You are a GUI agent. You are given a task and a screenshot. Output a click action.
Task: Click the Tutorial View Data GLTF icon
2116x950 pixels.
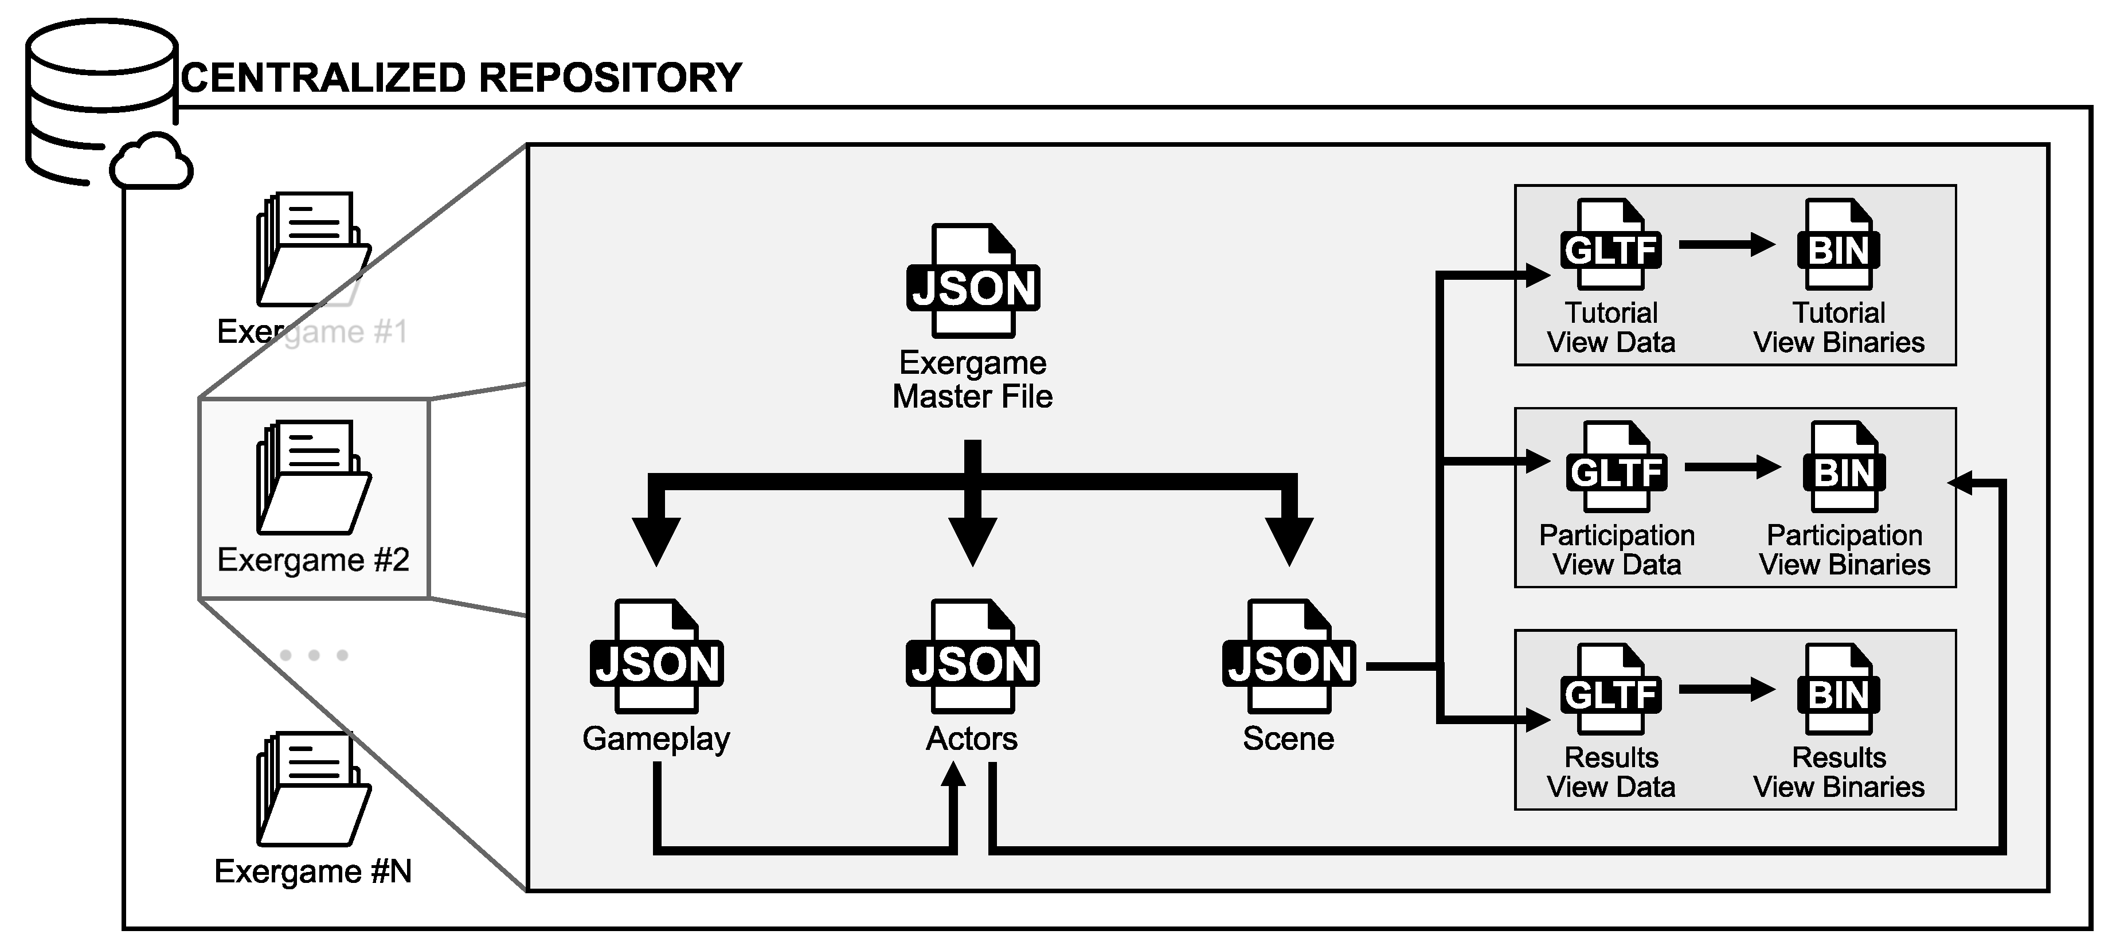(x=1611, y=245)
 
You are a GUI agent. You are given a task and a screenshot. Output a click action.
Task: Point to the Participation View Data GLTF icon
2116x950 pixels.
(x=1616, y=468)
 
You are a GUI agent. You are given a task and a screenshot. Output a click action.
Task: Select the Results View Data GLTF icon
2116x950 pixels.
(x=1611, y=690)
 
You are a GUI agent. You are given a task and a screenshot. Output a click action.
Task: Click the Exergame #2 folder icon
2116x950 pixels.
(x=313, y=478)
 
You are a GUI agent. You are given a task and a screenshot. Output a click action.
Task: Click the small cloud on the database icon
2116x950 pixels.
(x=152, y=163)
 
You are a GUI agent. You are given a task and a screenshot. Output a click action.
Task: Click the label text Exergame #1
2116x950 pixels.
(x=312, y=332)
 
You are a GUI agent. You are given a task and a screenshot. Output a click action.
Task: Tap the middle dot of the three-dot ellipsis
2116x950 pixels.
(x=314, y=655)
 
